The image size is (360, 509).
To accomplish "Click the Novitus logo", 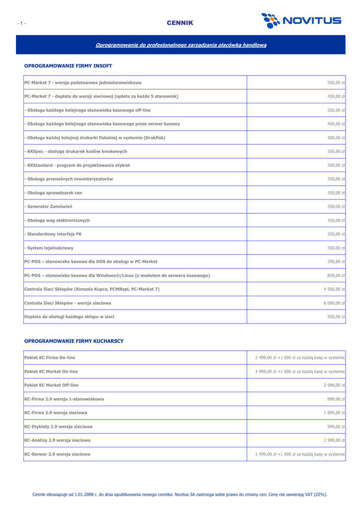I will (x=301, y=21).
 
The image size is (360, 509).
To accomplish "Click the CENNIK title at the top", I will (x=180, y=23).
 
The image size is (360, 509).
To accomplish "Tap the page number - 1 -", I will (x=21, y=23).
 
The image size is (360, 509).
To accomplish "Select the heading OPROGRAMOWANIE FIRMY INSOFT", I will (x=68, y=66).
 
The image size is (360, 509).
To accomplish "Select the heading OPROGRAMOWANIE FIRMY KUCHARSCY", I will (x=74, y=341).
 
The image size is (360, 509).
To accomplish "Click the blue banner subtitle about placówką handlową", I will (x=180, y=45).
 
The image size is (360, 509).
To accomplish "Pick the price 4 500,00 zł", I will (x=334, y=289).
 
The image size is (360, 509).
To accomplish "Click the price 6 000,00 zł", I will (x=334, y=303).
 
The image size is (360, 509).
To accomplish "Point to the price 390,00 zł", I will (x=337, y=261).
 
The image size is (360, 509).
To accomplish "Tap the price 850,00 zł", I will (x=337, y=275).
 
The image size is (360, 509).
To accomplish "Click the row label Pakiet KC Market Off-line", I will (x=51, y=385).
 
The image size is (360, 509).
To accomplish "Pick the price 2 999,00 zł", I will (x=334, y=385).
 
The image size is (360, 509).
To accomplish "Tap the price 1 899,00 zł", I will (x=334, y=413).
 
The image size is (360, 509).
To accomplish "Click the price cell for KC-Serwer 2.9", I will (x=300, y=454).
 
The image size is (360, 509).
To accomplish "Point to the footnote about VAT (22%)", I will (x=180, y=495).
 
